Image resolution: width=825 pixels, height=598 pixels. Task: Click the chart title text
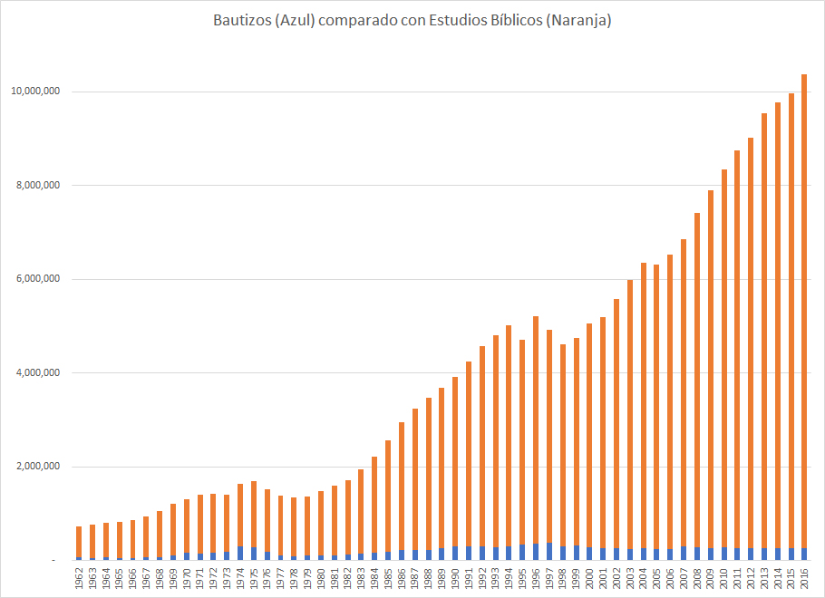412,21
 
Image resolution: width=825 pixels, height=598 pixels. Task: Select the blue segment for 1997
549,552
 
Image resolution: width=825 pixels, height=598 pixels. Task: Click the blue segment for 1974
240,554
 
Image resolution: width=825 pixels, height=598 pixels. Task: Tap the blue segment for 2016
804,555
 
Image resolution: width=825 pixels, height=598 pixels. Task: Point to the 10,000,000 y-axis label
35,92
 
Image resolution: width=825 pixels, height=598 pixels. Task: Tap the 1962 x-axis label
79,577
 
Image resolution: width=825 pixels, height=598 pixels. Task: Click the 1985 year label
388,577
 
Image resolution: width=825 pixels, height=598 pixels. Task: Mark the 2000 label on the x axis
589,577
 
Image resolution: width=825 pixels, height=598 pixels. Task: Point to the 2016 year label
804,577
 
